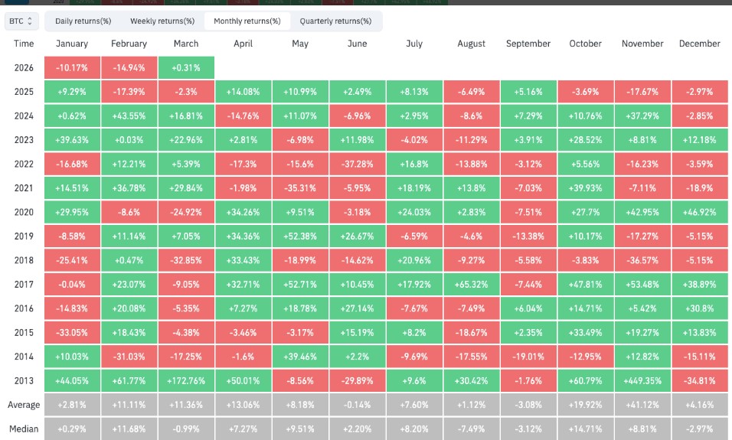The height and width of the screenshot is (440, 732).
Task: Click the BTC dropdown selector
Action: click(x=21, y=21)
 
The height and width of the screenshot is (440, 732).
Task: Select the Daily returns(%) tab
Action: click(x=83, y=21)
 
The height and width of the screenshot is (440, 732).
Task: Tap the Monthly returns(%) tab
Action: click(x=247, y=21)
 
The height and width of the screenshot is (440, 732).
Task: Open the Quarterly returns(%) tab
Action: click(x=335, y=21)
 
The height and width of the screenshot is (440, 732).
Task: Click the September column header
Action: click(x=528, y=44)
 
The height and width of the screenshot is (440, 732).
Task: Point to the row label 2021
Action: click(x=23, y=187)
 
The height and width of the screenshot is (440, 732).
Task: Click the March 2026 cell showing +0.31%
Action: click(x=186, y=67)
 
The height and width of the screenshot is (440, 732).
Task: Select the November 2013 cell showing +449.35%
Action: click(x=642, y=380)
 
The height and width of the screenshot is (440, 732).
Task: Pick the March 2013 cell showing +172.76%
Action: click(x=186, y=380)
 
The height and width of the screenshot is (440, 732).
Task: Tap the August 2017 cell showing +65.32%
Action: click(x=471, y=284)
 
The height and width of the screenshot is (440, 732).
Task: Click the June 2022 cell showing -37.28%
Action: click(x=357, y=164)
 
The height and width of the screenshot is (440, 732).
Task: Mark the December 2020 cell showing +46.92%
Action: click(x=699, y=212)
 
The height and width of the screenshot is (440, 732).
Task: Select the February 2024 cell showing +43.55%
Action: click(x=129, y=116)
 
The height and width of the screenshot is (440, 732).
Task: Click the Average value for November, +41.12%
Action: click(x=642, y=404)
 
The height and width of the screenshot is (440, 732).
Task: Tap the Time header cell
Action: click(x=23, y=44)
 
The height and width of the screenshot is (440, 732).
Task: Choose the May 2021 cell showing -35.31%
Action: click(x=300, y=187)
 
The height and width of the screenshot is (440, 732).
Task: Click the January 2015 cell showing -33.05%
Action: click(x=72, y=332)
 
